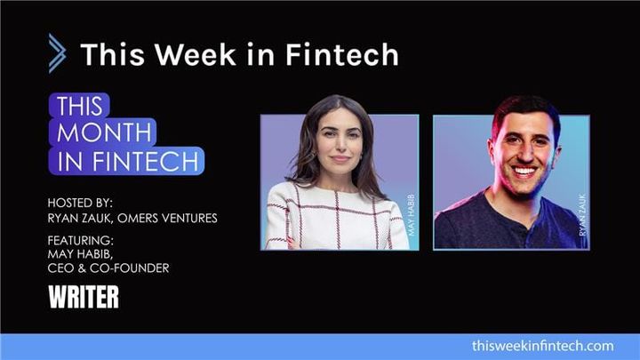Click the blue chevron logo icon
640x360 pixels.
pyautogui.click(x=57, y=53)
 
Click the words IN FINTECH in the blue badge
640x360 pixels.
pyautogui.click(x=130, y=162)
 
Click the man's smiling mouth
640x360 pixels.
pyautogui.click(x=524, y=171)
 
